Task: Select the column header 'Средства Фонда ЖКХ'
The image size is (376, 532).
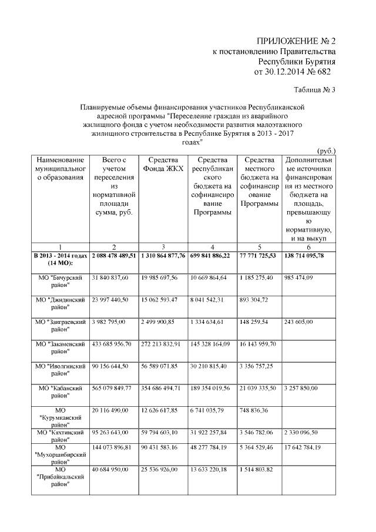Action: [x=163, y=165]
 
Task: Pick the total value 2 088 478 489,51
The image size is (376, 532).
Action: [x=114, y=256]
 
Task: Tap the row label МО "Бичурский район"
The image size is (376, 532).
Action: [x=60, y=281]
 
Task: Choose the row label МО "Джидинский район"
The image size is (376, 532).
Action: [x=60, y=303]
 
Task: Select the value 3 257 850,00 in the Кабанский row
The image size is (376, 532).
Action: [x=303, y=389]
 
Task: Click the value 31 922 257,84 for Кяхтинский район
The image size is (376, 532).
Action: [x=209, y=433]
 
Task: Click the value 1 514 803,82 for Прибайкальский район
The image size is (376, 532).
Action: [x=257, y=470]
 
